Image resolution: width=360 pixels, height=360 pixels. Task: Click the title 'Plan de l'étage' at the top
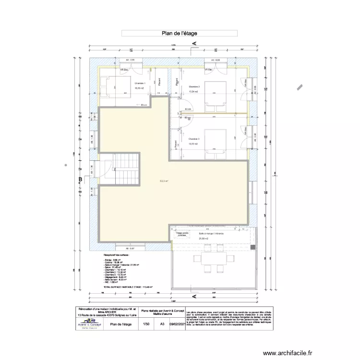point(179,34)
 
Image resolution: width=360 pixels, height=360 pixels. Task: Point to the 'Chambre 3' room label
point(193,139)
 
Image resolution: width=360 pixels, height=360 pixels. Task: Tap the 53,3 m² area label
point(164,181)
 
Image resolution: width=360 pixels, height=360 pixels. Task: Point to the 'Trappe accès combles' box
point(182,234)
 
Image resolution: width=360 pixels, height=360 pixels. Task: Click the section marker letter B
point(81,180)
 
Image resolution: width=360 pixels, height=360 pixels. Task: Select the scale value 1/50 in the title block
point(146,324)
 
